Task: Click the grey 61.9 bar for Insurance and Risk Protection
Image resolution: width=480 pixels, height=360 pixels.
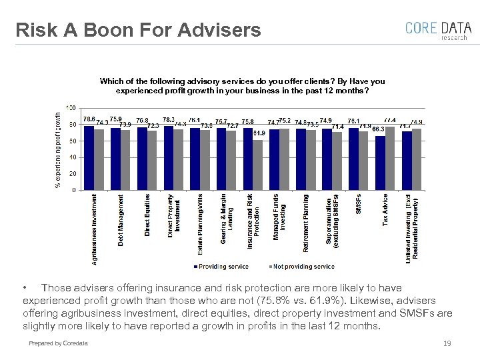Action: click(258, 165)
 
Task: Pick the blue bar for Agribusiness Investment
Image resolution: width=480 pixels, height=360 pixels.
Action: click(89, 158)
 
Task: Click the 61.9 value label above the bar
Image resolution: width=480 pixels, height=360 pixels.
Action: click(260, 133)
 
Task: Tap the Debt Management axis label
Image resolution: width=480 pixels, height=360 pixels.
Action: click(121, 220)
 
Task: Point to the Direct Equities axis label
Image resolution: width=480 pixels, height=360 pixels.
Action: click(147, 215)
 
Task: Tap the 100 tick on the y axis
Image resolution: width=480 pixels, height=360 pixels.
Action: click(71, 107)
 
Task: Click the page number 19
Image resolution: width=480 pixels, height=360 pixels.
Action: click(447, 343)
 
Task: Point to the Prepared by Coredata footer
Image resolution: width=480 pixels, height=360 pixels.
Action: click(58, 343)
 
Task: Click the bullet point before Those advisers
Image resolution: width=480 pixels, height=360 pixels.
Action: click(25, 288)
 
